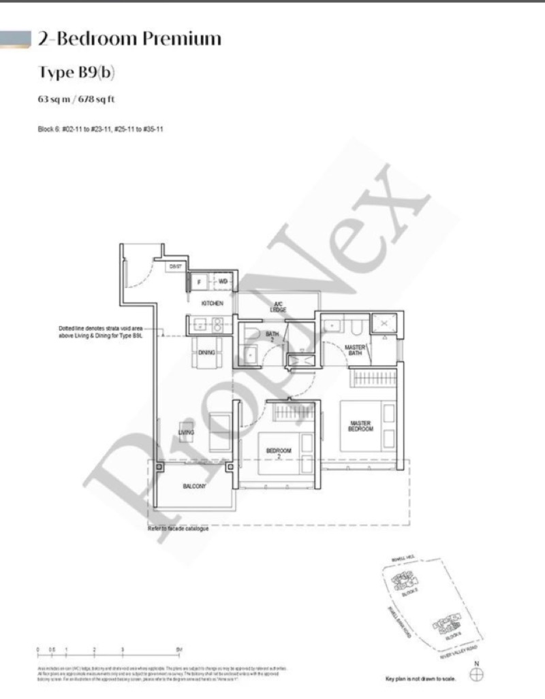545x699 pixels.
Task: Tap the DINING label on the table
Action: coord(206,352)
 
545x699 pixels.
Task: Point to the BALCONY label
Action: coord(194,487)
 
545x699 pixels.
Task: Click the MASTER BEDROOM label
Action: coord(360,427)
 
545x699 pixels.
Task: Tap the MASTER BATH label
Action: coord(356,350)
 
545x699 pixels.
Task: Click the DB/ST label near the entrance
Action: coord(175,267)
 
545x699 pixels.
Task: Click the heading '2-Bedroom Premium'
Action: coord(129,39)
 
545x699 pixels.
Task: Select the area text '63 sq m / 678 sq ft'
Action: coord(76,99)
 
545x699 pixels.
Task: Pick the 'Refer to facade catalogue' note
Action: coord(178,529)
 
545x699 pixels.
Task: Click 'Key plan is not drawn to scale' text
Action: coord(420,679)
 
